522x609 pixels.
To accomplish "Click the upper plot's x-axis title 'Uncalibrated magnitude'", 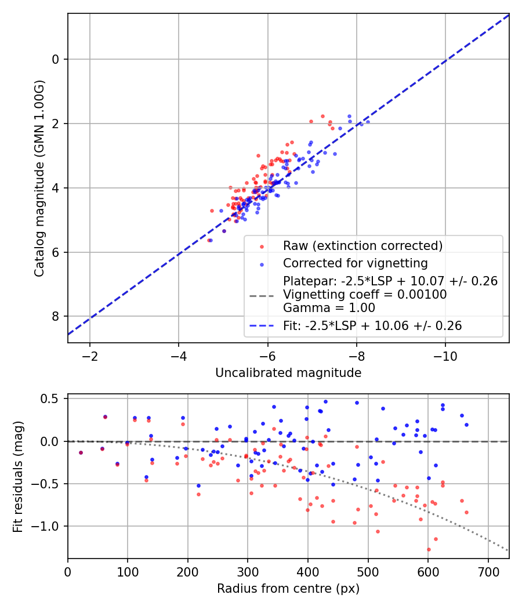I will click(288, 372).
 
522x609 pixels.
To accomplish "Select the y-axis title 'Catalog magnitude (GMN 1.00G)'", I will click(39, 178).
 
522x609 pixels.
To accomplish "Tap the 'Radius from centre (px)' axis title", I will click(288, 589).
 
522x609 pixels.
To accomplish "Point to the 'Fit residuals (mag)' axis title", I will click(18, 476).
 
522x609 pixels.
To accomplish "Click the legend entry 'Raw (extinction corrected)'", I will click(362, 245).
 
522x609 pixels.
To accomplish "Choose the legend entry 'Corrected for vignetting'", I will click(355, 263).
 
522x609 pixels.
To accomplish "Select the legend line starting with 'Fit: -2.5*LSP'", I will click(372, 326).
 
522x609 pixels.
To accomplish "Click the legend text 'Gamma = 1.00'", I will click(329, 308).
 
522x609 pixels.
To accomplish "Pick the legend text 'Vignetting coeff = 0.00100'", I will click(365, 295).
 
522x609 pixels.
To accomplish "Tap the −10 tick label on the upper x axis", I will click(445, 355).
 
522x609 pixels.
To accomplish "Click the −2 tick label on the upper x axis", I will click(90, 355).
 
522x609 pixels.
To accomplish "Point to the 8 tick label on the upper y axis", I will click(55, 316).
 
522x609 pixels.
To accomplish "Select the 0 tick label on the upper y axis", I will click(55, 59).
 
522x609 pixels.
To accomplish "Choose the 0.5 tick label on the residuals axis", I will click(51, 398).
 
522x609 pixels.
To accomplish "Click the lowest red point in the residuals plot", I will click(429, 549).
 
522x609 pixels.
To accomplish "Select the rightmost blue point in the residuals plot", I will click(466, 425).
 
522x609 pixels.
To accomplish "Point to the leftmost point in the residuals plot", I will click(81, 452).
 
